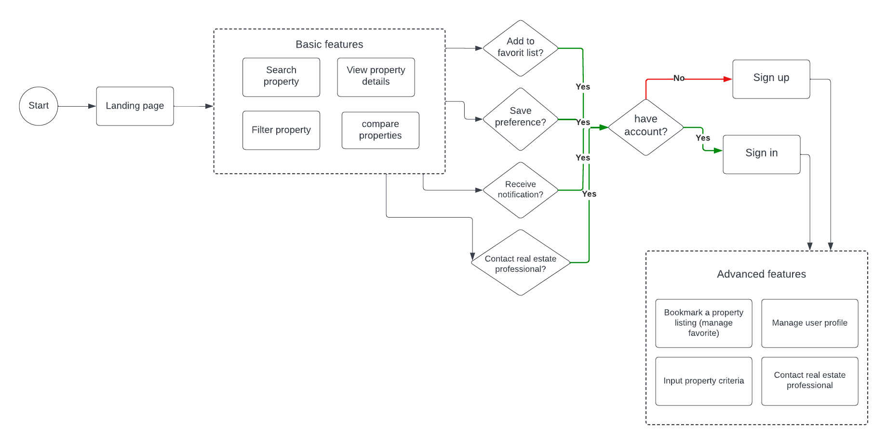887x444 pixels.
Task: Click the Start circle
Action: (x=39, y=106)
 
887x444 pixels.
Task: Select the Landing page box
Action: (x=135, y=106)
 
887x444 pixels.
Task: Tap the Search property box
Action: (x=281, y=77)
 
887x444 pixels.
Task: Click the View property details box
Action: (x=376, y=77)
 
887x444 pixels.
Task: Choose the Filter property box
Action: (x=281, y=130)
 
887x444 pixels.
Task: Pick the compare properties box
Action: (x=380, y=130)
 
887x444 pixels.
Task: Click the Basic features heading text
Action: (x=329, y=44)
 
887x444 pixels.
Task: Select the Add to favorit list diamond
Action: (x=520, y=48)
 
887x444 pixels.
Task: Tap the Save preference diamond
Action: (x=520, y=118)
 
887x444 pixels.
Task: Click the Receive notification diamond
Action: (x=520, y=190)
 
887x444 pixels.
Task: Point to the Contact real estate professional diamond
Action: (x=520, y=263)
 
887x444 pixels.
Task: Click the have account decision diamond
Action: (x=645, y=127)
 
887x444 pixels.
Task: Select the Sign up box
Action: (x=771, y=79)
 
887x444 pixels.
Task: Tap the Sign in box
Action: (x=761, y=154)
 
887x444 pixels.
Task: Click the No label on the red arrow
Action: (x=679, y=78)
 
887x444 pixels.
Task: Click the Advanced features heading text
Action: (x=761, y=274)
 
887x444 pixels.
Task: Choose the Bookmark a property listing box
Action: (x=703, y=323)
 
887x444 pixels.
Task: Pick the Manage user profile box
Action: (x=809, y=323)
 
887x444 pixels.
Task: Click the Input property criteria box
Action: (x=703, y=381)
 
